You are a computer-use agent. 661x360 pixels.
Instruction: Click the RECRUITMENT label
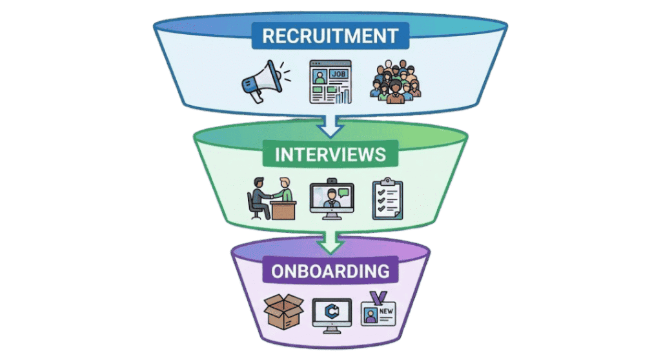(x=330, y=35)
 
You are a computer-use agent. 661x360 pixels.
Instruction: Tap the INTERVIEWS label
(x=330, y=155)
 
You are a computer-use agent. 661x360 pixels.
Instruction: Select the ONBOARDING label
(x=330, y=271)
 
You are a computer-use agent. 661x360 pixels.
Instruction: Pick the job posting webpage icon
(x=330, y=82)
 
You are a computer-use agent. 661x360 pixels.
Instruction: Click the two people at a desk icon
(x=271, y=198)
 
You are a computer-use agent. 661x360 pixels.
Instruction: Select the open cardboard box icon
(x=283, y=312)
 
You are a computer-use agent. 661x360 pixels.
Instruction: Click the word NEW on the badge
(x=386, y=312)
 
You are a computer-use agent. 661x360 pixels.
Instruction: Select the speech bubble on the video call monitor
(x=343, y=192)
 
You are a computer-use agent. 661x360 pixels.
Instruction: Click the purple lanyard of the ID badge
(x=380, y=296)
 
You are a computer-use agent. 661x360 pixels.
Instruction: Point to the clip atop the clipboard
(x=388, y=182)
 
